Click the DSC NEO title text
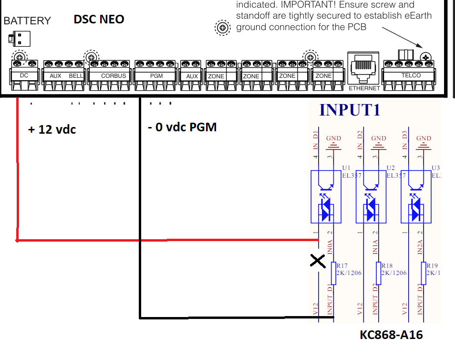click(99, 20)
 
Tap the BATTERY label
click(27, 21)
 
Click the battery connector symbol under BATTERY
click(20, 38)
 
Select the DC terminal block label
click(24, 75)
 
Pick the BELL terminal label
click(76, 76)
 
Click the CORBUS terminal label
click(114, 76)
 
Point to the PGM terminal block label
click(156, 76)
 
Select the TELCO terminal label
click(411, 75)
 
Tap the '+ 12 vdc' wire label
click(52, 129)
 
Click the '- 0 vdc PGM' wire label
click(182, 127)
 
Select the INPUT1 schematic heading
click(350, 110)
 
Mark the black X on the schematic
click(318, 261)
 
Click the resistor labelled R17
click(333, 273)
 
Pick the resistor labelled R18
click(378, 273)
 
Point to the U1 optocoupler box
click(326, 196)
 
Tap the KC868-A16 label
click(391, 335)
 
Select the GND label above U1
click(334, 138)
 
